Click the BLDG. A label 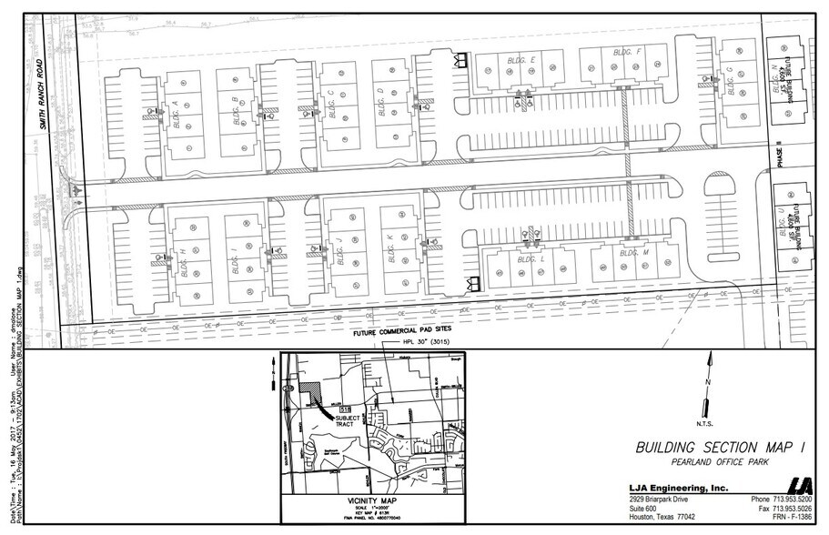tap(175, 116)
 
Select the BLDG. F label tap(627, 52)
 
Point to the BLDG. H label tap(185, 263)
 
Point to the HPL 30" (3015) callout tap(410, 343)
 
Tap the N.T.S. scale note tap(707, 423)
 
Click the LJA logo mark tap(798, 487)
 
